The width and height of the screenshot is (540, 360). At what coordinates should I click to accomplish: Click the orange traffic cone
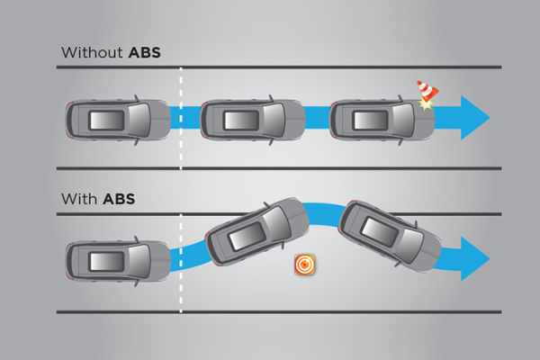point(427,91)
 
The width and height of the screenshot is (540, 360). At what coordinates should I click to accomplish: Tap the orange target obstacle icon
point(305,265)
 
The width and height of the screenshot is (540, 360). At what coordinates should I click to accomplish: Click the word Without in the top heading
point(92,53)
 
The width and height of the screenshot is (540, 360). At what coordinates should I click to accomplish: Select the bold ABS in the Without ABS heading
point(144,53)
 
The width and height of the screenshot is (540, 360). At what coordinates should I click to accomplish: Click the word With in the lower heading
point(79,199)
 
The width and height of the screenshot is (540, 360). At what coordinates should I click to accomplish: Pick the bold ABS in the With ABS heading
point(119,199)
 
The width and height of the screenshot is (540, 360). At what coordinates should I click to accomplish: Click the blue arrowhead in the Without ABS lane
point(475,118)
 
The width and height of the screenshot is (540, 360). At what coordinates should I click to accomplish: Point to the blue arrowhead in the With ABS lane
point(475,258)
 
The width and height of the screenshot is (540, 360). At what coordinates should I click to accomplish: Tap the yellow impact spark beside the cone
point(426,104)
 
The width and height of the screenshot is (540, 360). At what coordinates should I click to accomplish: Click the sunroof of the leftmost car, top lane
point(106,121)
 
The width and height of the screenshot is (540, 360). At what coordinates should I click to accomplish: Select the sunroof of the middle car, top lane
point(241,121)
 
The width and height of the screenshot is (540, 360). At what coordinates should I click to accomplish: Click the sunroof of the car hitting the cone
point(371,121)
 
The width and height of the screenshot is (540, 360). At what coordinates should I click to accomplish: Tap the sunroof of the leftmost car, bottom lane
point(106,261)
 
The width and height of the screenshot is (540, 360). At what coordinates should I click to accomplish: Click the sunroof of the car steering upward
point(247,236)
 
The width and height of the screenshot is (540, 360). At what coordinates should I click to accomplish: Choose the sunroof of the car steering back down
point(380,232)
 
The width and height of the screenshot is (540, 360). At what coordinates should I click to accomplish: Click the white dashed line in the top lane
point(181,118)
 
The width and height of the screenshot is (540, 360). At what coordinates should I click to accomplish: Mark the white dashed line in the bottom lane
point(181,263)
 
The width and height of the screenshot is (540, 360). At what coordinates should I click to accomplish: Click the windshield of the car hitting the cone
point(404,120)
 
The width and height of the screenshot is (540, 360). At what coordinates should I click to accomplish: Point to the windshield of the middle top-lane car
point(274,120)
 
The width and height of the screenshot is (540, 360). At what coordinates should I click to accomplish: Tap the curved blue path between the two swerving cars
point(324,214)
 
